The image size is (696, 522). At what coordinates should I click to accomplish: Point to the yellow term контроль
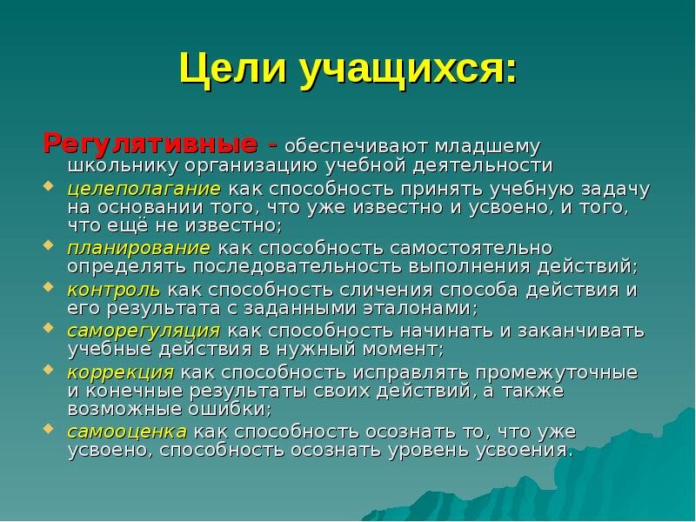pos(113,289)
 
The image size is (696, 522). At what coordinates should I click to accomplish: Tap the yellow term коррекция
pos(121,371)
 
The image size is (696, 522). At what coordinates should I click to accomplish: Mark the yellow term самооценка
pos(127,432)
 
